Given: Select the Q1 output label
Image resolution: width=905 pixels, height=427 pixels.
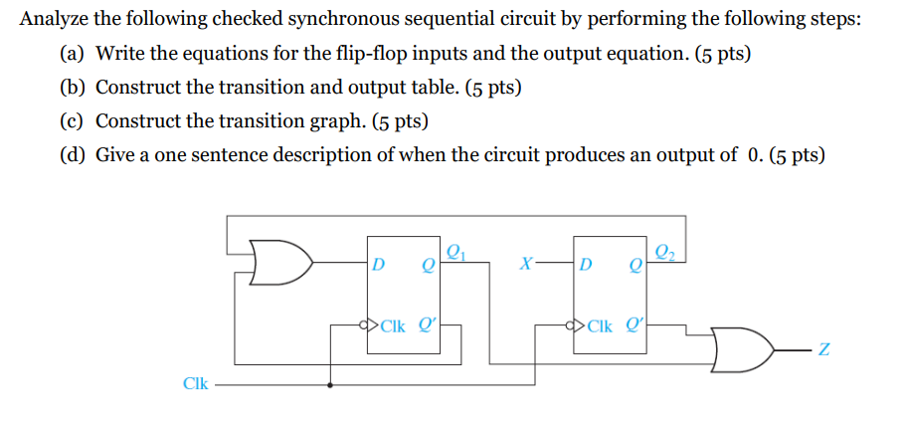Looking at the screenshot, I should pos(455,251).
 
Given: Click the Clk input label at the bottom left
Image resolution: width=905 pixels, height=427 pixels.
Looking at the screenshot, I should pos(196,383).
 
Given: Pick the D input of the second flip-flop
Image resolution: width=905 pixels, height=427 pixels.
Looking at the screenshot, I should pos(587,265).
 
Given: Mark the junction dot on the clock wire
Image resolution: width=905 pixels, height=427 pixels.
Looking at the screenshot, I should pos(331,383).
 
